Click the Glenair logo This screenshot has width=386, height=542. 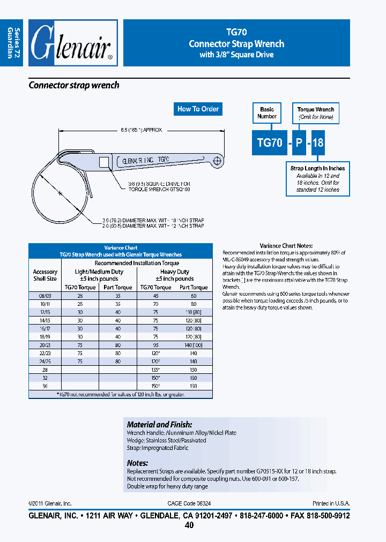[x=72, y=43]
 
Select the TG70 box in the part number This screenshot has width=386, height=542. [x=269, y=144]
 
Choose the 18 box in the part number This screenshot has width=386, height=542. [x=318, y=144]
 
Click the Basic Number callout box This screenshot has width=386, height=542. [x=267, y=113]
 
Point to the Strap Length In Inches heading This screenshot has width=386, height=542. [x=317, y=169]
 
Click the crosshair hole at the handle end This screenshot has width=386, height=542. [x=218, y=160]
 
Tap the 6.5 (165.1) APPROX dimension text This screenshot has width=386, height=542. [x=141, y=130]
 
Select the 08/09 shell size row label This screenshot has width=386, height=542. [x=45, y=295]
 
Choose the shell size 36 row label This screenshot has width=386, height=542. [x=45, y=386]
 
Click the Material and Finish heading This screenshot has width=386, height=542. [x=159, y=424]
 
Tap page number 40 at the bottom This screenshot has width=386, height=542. [x=189, y=525]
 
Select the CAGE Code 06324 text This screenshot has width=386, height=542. [x=189, y=503]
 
